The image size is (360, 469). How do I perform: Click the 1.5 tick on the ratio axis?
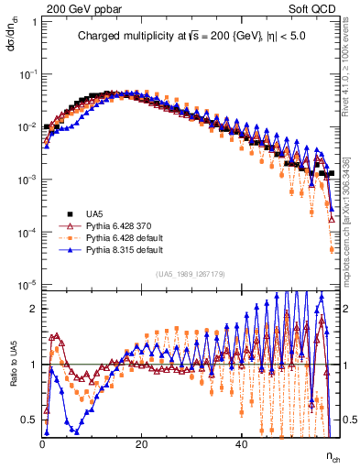coord(31,336)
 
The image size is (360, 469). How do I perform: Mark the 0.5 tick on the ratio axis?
coord(31,420)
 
